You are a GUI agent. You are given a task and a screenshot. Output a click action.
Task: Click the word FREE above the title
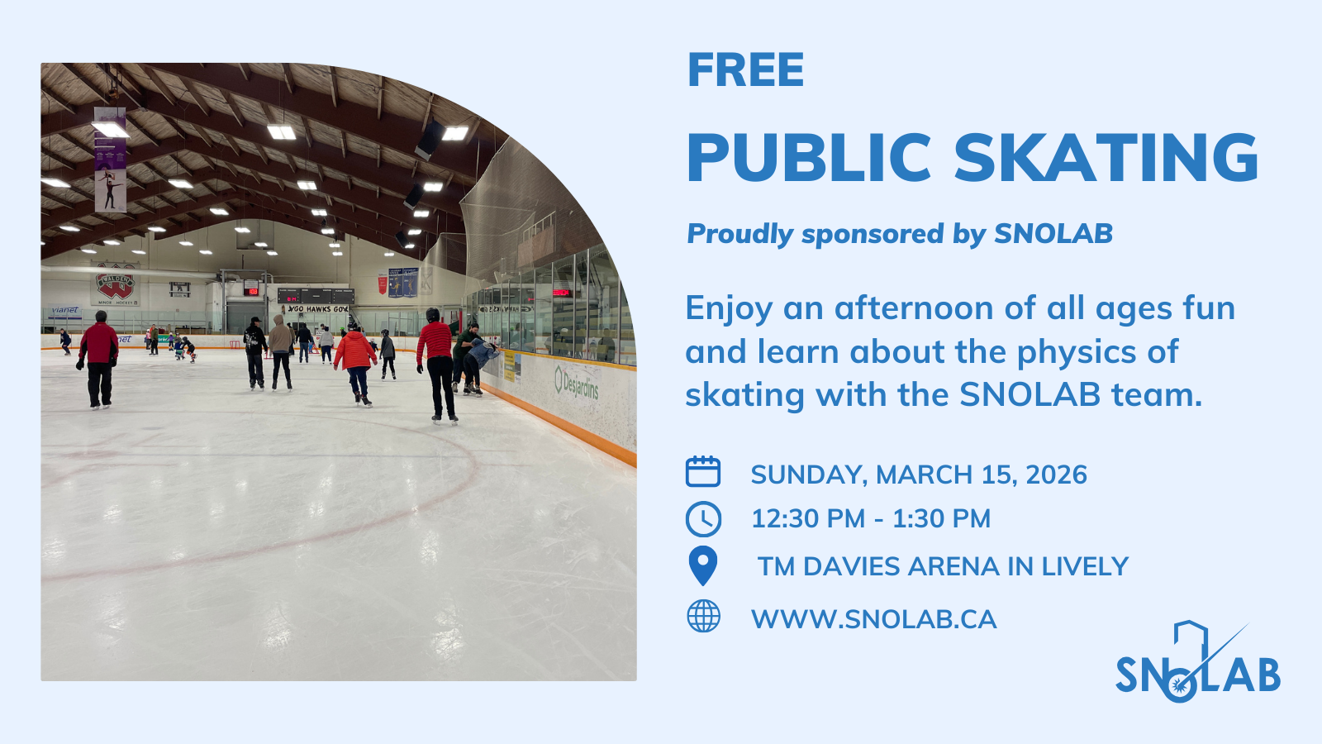(745, 69)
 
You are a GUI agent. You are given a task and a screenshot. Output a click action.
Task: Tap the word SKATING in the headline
(1107, 157)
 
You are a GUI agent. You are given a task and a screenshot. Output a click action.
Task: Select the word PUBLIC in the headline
(809, 157)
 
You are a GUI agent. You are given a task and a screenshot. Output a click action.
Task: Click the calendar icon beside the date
(703, 471)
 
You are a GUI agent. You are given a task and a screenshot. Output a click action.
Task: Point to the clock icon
(703, 519)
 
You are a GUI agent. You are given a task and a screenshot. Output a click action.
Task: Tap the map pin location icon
(703, 565)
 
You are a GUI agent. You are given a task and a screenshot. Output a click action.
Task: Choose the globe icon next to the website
(703, 616)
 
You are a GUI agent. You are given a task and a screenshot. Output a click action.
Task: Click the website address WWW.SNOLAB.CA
(873, 619)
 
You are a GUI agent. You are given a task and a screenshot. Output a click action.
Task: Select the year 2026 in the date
(1057, 475)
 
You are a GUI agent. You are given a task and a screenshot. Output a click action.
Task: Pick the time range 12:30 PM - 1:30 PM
(871, 518)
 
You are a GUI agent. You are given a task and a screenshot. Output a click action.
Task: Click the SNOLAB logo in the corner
(1197, 662)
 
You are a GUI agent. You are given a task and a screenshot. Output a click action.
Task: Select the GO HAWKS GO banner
(317, 309)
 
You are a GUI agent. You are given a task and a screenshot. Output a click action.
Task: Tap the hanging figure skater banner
(111, 160)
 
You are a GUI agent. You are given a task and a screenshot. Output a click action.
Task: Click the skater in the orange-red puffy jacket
(354, 365)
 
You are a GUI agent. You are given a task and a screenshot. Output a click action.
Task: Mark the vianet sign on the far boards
(65, 310)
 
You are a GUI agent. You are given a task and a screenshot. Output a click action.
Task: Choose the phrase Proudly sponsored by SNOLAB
(900, 234)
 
